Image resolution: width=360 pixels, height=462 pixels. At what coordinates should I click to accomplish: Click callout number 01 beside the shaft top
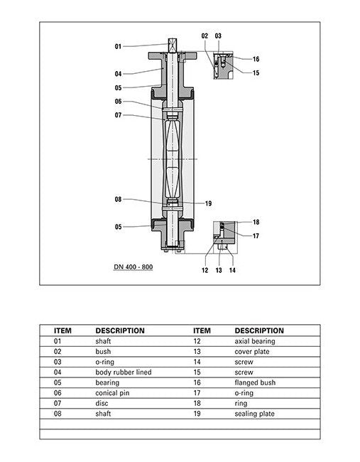click(x=118, y=46)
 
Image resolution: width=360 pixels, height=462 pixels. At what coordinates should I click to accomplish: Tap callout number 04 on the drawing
click(x=118, y=74)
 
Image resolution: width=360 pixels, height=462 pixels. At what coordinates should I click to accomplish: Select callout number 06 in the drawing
click(x=118, y=102)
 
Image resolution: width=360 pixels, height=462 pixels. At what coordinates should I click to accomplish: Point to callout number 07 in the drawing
click(x=118, y=115)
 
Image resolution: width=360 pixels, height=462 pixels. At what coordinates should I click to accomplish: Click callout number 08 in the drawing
click(x=118, y=200)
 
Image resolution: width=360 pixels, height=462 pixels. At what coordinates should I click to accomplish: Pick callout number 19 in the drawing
click(x=209, y=203)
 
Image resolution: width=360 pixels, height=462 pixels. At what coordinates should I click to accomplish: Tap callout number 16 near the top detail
click(x=256, y=59)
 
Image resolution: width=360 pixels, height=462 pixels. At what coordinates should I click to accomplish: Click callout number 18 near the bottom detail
click(x=256, y=222)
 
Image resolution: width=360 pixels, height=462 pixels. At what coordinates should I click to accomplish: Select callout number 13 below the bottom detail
click(x=219, y=270)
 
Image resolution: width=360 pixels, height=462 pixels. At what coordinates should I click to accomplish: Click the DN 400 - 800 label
click(x=133, y=267)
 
